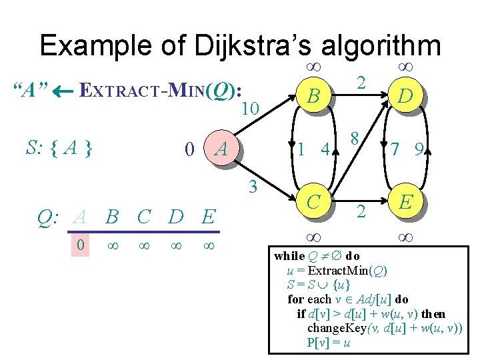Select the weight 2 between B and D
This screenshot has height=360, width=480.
point(360,82)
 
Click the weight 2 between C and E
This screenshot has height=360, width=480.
point(360,213)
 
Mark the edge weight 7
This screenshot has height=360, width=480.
point(395,151)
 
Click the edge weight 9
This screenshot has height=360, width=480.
point(418,151)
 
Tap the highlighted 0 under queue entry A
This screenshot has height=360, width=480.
point(80,246)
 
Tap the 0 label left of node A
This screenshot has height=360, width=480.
point(190,150)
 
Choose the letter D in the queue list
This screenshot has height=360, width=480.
point(176,217)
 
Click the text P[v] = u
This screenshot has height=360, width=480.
point(328,343)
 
